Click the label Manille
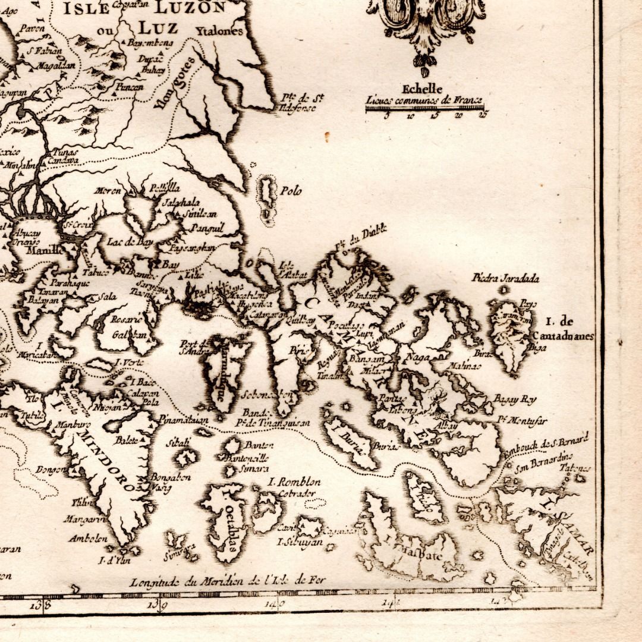pyautogui.click(x=44, y=250)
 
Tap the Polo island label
pyautogui.click(x=291, y=191)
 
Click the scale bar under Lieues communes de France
pyautogui.click(x=424, y=109)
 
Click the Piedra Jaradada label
pyautogui.click(x=505, y=278)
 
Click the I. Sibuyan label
pyautogui.click(x=300, y=542)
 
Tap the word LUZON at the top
pyautogui.click(x=190, y=8)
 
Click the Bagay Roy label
pyautogui.click(x=515, y=399)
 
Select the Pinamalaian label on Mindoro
pyautogui.click(x=184, y=420)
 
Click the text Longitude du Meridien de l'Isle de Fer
pyautogui.click(x=228, y=580)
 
